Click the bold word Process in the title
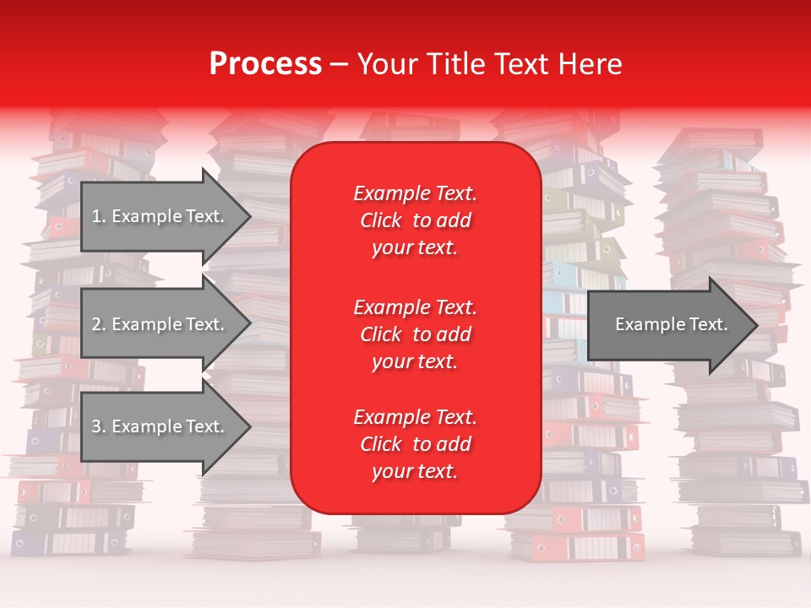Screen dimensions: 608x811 (x=265, y=64)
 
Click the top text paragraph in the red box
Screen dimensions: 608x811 (x=415, y=220)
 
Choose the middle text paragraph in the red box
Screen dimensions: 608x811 (x=415, y=334)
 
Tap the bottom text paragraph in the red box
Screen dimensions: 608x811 (x=415, y=444)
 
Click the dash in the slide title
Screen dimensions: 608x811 (x=339, y=64)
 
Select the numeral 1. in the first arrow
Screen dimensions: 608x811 (x=98, y=216)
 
